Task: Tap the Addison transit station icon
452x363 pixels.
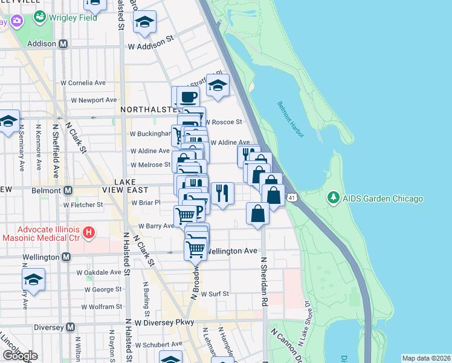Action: point(63,44)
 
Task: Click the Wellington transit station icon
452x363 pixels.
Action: point(66,257)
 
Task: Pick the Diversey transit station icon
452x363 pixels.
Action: point(71,327)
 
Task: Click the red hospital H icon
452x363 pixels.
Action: point(89,232)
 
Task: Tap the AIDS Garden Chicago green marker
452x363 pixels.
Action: point(333,198)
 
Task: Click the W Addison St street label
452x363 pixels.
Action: point(150,46)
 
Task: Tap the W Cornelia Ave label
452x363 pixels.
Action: point(83,83)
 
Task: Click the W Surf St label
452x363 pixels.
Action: point(215,293)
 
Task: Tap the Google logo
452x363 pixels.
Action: point(19,356)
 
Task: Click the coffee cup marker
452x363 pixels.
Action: point(188,96)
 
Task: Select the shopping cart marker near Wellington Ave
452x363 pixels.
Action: point(195,248)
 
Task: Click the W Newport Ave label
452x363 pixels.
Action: point(94,100)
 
